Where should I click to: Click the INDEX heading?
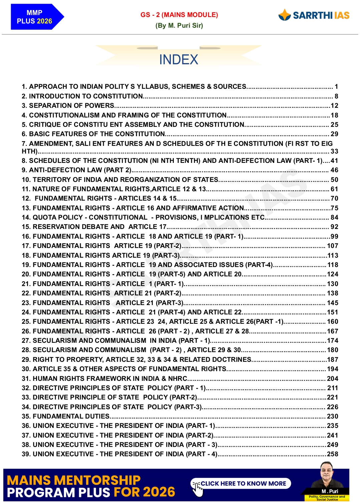[178, 60]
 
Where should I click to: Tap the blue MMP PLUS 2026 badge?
[35, 17]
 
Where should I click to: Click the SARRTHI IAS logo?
[314, 15]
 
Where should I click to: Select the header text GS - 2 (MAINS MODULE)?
[179, 15]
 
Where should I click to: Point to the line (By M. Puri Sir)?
[179, 25]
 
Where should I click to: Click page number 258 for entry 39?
[332, 454]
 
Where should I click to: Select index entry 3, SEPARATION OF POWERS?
[68, 105]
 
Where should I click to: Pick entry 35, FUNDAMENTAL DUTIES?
[66, 416]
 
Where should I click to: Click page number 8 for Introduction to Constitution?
[336, 96]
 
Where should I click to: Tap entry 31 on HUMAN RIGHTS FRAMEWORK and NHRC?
[105, 379]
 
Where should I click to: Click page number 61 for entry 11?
[334, 189]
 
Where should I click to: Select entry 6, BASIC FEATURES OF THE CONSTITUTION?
[93, 134]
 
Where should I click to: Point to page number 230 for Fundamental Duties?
[332, 416]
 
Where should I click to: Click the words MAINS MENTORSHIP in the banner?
[73, 480]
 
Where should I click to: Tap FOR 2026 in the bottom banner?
[144, 492]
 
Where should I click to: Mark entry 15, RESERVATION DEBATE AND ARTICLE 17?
[94, 227]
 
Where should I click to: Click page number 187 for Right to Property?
[332, 359]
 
